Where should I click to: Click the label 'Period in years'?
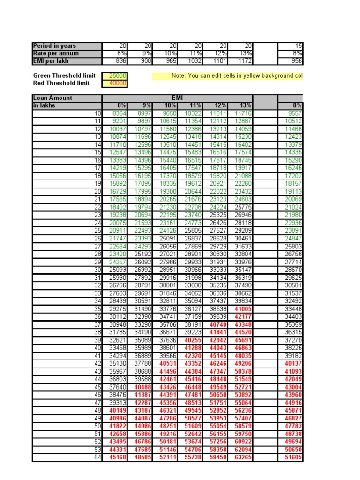[x=54, y=46]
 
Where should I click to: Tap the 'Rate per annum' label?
[x=56, y=53]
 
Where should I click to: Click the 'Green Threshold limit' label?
[x=64, y=75]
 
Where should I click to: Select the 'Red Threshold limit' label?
[x=61, y=83]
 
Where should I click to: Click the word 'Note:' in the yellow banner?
[x=179, y=75]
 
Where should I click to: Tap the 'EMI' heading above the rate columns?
[x=177, y=98]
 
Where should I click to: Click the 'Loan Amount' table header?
[x=52, y=98]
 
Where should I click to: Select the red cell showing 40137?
[x=293, y=364]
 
